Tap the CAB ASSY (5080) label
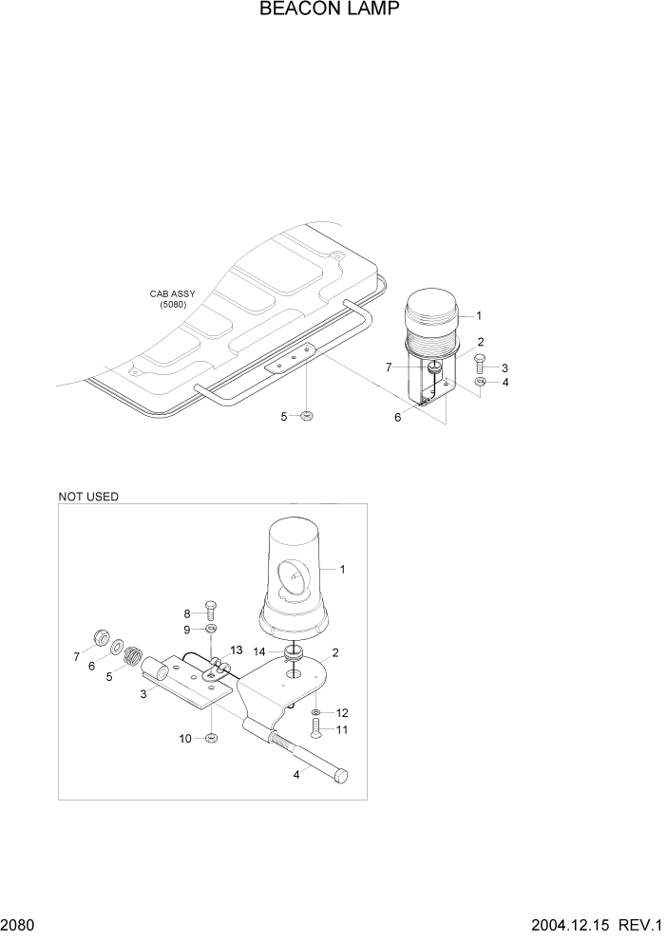pyautogui.click(x=172, y=299)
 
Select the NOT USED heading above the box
pyautogui.click(x=88, y=496)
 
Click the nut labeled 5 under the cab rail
pyautogui.click(x=307, y=416)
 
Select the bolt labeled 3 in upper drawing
pyautogui.click(x=480, y=363)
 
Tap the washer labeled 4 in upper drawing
pyautogui.click(x=481, y=383)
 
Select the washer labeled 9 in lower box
pyautogui.click(x=212, y=629)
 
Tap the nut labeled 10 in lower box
pyautogui.click(x=212, y=738)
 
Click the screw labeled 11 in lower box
pyautogui.click(x=316, y=728)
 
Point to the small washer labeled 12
pyautogui.click(x=316, y=711)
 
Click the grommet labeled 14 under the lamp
pyautogui.click(x=294, y=653)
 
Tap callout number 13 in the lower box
pyautogui.click(x=236, y=649)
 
